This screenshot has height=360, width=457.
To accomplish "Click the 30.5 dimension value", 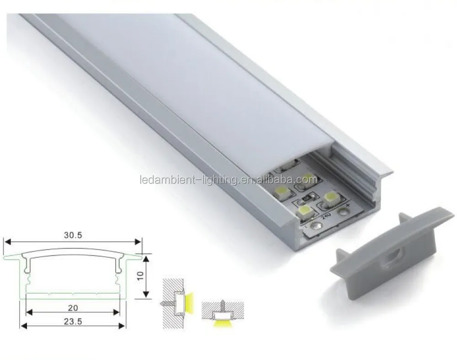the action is (73, 235).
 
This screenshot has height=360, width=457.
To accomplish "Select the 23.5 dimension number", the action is (73, 322).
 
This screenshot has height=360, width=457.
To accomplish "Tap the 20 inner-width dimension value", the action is (73, 307).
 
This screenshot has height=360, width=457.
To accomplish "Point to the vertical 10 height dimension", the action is (140, 276).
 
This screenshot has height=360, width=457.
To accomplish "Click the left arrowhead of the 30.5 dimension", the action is (7, 242).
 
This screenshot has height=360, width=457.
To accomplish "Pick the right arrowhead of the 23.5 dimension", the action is (122, 326).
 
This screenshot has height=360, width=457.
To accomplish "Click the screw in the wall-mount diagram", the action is (167, 303).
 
